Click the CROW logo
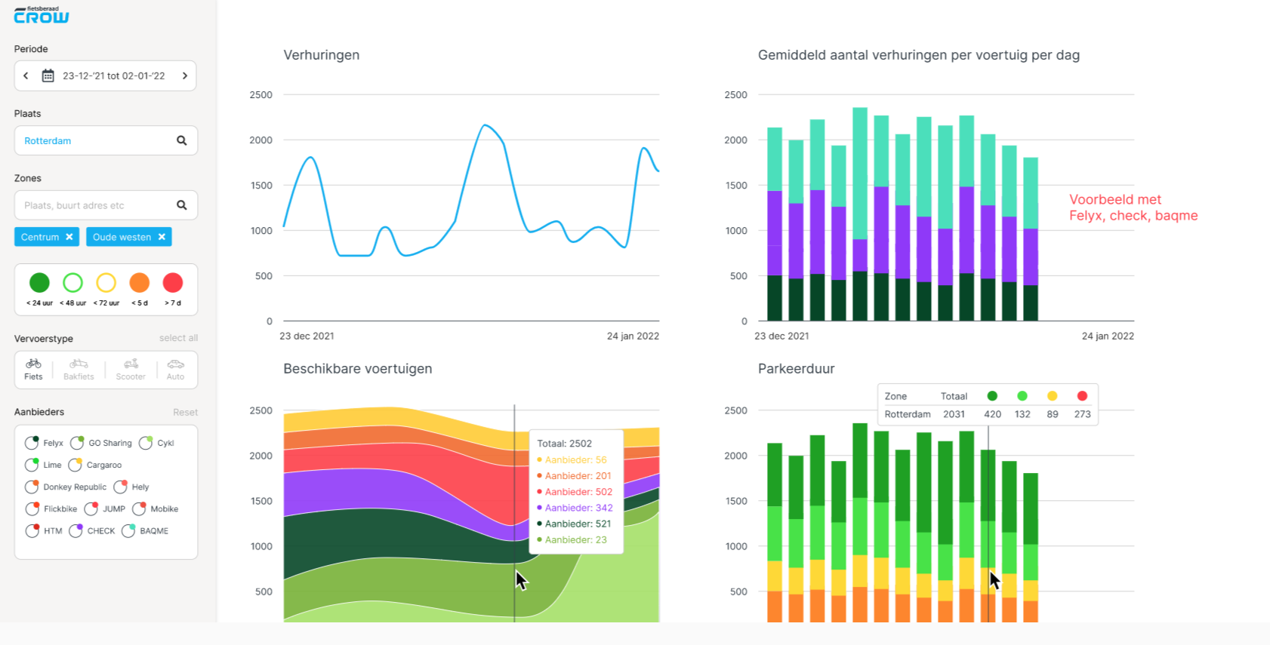(x=42, y=15)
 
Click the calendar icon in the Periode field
(x=48, y=75)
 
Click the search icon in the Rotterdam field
(x=181, y=140)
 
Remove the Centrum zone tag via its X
(x=69, y=237)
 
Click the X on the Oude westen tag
(x=162, y=237)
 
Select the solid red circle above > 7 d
(x=173, y=283)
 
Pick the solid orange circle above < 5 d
(x=140, y=283)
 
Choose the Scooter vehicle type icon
(x=131, y=369)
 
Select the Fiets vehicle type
(x=33, y=369)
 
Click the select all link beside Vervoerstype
(x=178, y=338)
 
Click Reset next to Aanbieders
(x=185, y=412)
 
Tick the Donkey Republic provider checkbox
(x=32, y=487)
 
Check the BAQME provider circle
(x=128, y=531)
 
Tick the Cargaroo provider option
(x=75, y=465)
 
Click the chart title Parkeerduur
(x=796, y=369)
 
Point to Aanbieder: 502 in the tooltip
(x=578, y=492)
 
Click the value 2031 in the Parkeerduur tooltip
(x=954, y=414)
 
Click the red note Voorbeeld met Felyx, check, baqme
(x=1133, y=207)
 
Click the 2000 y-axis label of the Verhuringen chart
(x=260, y=140)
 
